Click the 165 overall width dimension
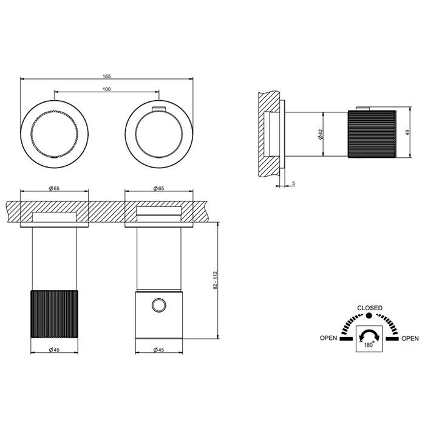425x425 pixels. [107, 76]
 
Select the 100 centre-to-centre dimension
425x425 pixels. [107, 89]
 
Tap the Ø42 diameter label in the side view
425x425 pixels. [321, 134]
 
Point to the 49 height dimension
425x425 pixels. [408, 132]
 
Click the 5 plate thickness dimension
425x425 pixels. [294, 183]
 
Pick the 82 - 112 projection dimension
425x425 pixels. [215, 280]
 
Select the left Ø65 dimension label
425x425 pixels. [54, 188]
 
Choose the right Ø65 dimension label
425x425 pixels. [159, 188]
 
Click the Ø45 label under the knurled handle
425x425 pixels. [54, 350]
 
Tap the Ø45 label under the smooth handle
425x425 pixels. [159, 350]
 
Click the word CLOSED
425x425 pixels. [370, 308]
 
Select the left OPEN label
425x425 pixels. [328, 338]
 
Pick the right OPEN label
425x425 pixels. [410, 338]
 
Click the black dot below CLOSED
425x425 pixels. [369, 316]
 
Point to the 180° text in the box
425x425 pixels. [369, 345]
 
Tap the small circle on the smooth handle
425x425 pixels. [158, 305]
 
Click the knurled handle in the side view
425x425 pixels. [372, 134]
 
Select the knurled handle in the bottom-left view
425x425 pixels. [54, 314]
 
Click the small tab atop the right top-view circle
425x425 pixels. [159, 109]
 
